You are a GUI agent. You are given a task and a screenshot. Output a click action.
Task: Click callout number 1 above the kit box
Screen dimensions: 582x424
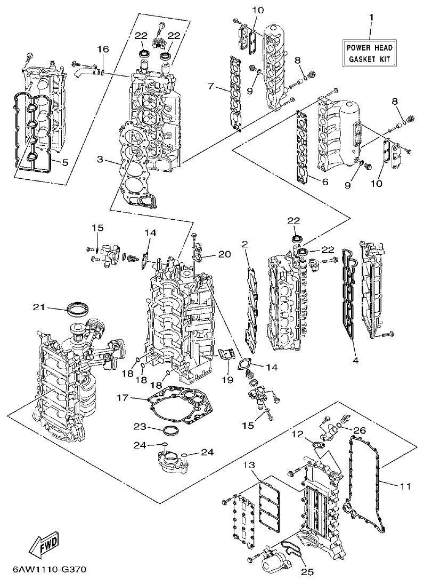pyautogui.click(x=371, y=17)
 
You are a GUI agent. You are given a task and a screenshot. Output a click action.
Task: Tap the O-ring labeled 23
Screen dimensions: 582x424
pyautogui.click(x=170, y=429)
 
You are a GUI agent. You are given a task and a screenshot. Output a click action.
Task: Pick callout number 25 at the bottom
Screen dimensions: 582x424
pyautogui.click(x=307, y=572)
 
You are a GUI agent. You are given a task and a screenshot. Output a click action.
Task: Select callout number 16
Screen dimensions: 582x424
pyautogui.click(x=102, y=49)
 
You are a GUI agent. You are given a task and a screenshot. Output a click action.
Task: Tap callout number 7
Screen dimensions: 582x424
pyautogui.click(x=211, y=86)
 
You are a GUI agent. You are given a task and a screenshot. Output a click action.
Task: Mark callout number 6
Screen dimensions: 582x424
pyautogui.click(x=324, y=182)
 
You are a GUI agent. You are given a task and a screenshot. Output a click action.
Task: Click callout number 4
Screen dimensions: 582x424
pyautogui.click(x=355, y=361)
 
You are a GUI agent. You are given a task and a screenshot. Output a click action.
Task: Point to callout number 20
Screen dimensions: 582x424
pyautogui.click(x=224, y=254)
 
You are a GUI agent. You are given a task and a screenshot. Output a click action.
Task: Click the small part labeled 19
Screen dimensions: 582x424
pyautogui.click(x=227, y=353)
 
